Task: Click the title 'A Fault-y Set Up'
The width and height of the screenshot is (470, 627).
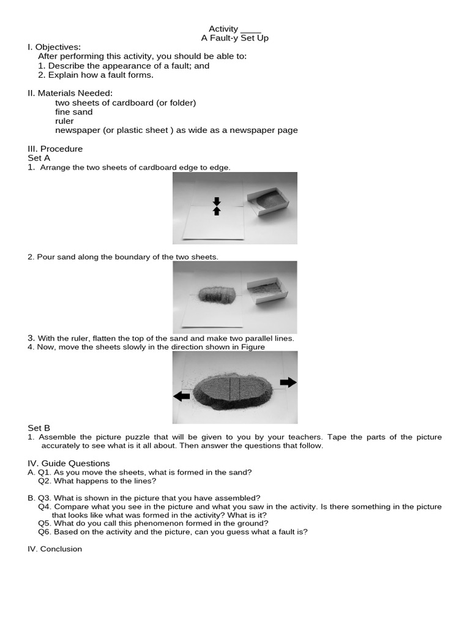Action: (235, 38)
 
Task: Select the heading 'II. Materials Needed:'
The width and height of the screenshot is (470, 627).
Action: (70, 93)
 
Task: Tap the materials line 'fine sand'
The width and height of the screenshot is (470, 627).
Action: (74, 112)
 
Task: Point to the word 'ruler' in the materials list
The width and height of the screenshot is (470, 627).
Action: (64, 121)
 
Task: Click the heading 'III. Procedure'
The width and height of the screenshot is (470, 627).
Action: (55, 149)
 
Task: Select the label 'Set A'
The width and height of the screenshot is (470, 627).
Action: (39, 158)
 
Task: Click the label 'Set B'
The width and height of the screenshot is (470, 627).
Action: (39, 428)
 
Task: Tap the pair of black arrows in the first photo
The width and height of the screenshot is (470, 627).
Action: (216, 206)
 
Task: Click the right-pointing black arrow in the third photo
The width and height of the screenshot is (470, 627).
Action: (288, 382)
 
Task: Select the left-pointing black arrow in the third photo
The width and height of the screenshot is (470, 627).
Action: (182, 396)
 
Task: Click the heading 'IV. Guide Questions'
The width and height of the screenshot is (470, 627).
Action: (69, 464)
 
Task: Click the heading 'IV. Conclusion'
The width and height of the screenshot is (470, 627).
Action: (54, 549)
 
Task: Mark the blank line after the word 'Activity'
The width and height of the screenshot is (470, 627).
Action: (251, 29)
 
